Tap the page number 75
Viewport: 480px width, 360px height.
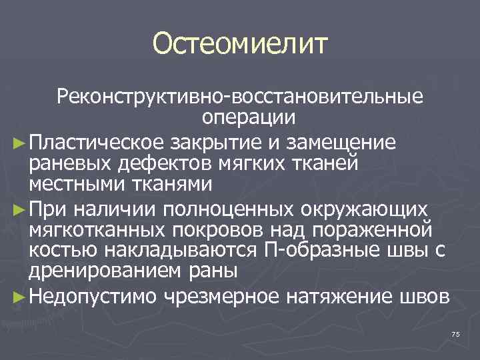[456, 333]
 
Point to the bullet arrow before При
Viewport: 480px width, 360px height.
[19, 211]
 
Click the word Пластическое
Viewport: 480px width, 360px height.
[94, 142]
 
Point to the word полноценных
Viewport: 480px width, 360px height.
[217, 211]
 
